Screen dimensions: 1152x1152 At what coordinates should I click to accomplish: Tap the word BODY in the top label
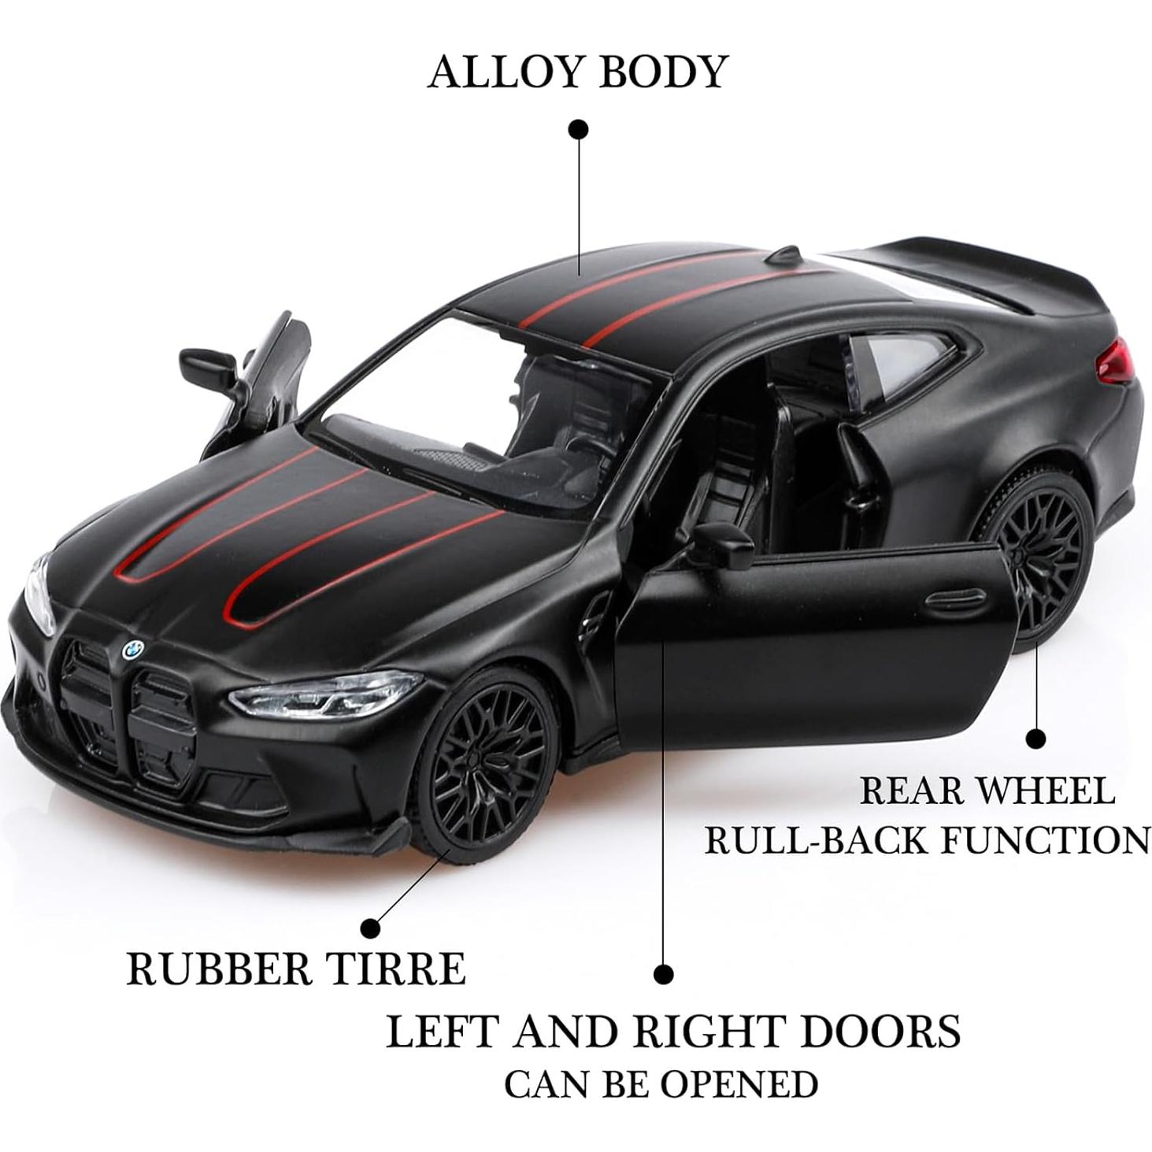tap(662, 72)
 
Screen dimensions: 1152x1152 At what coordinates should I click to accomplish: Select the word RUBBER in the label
tap(220, 969)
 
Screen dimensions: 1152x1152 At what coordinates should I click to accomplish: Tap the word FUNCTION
tap(1046, 840)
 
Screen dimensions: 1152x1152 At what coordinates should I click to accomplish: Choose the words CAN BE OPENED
tap(661, 1084)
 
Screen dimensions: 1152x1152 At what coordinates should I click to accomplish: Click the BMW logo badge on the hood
tap(132, 649)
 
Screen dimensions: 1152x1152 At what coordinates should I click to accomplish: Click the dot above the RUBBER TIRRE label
tap(370, 927)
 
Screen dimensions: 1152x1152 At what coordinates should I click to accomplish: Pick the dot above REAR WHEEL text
tap(1036, 739)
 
